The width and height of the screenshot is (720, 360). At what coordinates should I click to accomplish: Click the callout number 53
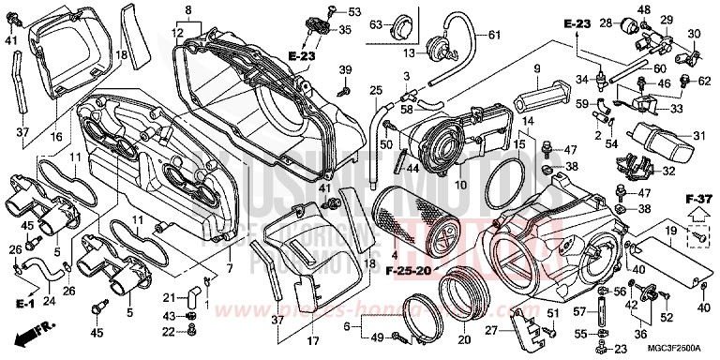pos(353,12)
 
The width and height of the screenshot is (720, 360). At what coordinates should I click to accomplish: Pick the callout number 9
pos(537,68)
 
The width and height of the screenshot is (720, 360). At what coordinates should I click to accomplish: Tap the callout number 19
pos(670,230)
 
